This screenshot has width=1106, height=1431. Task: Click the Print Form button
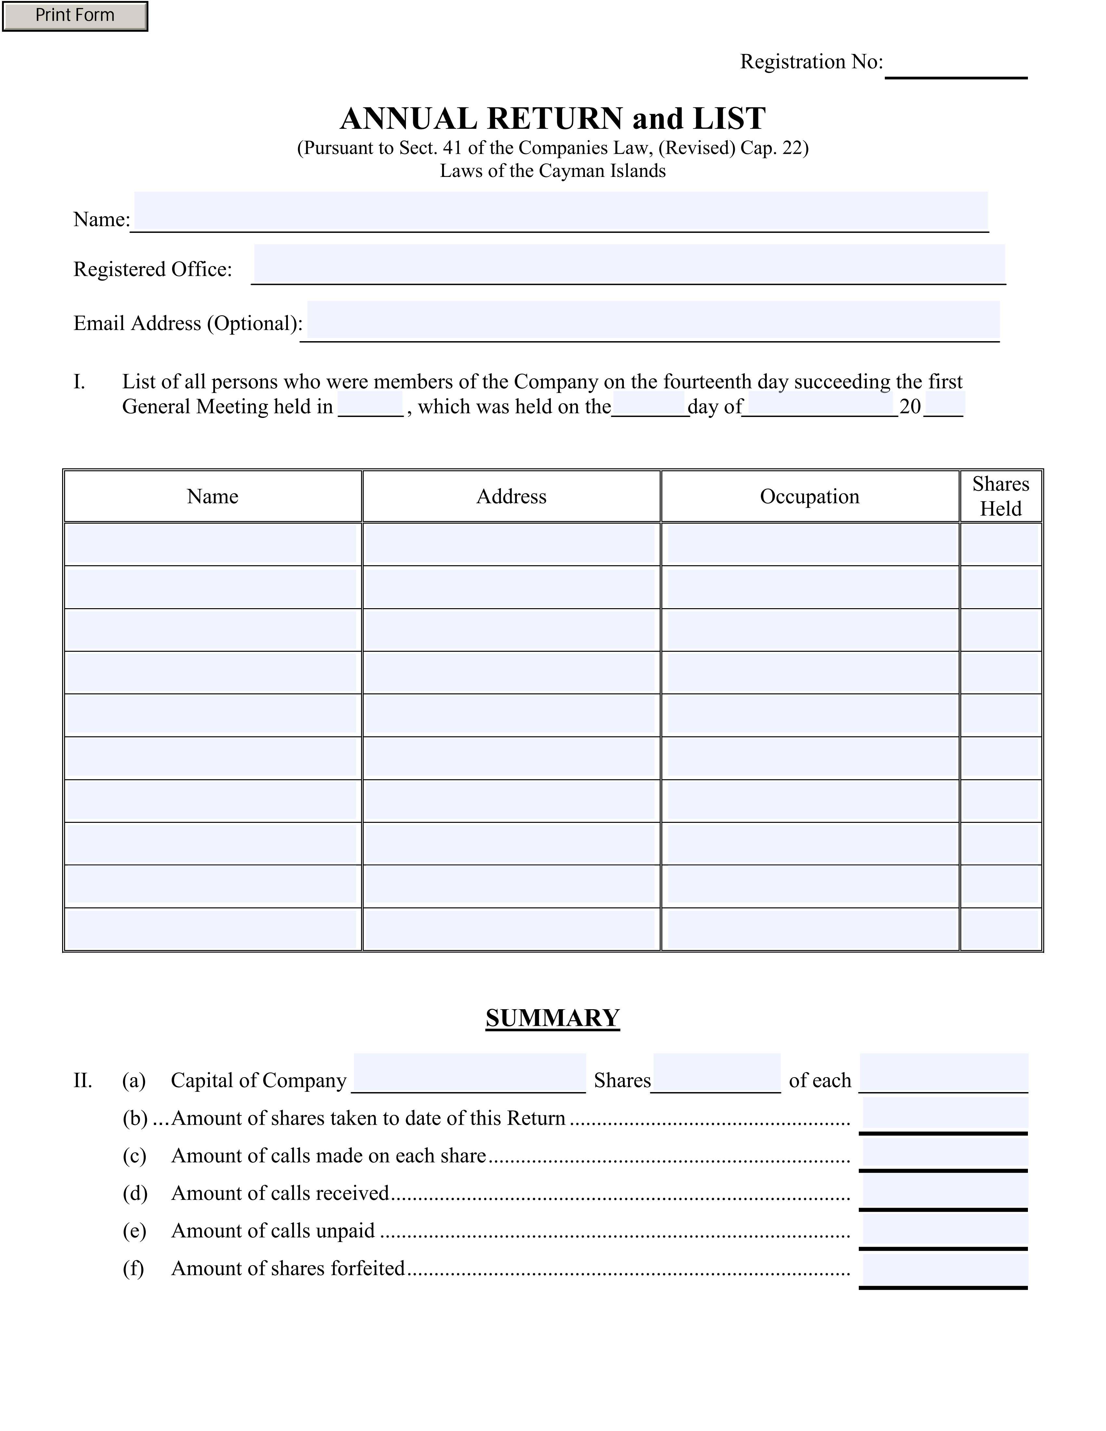click(x=75, y=16)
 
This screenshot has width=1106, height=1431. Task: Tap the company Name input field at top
click(x=560, y=211)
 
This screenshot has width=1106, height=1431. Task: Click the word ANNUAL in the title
click(x=409, y=119)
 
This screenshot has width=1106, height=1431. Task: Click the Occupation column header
click(x=809, y=497)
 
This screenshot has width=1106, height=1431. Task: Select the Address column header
click(x=511, y=497)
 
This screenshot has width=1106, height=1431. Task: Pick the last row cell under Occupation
click(x=810, y=929)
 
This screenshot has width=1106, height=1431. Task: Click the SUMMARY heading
click(x=552, y=1018)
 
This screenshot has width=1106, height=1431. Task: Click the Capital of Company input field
click(x=469, y=1073)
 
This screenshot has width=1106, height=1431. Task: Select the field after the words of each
click(x=943, y=1073)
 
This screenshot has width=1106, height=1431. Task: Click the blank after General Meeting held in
click(x=370, y=405)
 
